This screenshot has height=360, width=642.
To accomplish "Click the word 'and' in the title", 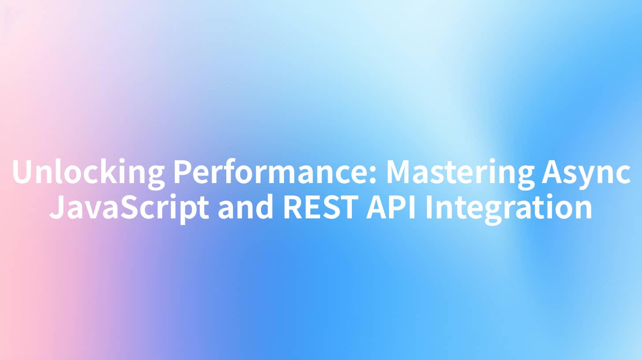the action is click(245, 206).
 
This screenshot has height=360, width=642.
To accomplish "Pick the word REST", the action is click(321, 206).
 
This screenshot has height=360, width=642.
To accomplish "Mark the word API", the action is click(391, 206).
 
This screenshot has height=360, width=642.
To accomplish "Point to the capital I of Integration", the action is click(429, 206).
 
